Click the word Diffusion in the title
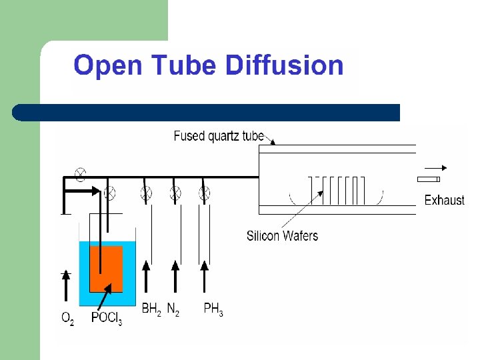[x=285, y=66]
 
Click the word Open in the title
[x=108, y=66]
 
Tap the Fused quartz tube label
[x=219, y=137]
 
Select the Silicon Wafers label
[x=282, y=235]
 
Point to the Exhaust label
[x=444, y=200]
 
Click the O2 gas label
[x=67, y=319]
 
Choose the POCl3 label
[x=106, y=319]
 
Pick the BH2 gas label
[x=151, y=309]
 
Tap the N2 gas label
[x=173, y=309]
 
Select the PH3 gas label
[x=213, y=309]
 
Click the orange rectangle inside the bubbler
[x=106, y=269]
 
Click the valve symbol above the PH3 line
[x=205, y=193]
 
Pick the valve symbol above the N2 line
[x=175, y=193]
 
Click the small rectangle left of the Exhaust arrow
[x=428, y=180]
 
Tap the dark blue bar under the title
[x=207, y=112]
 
